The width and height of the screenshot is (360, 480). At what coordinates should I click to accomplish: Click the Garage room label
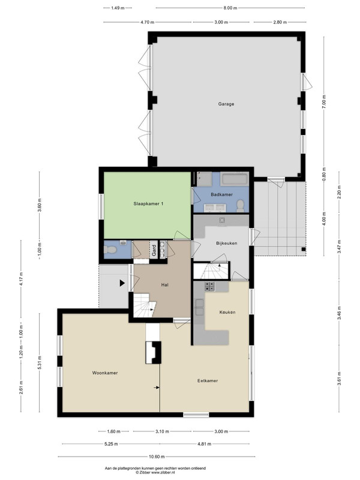pyautogui.click(x=226, y=104)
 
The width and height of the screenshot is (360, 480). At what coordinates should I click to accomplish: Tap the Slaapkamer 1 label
pyautogui.click(x=148, y=203)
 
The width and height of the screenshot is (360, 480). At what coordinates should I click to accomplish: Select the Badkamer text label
pyautogui.click(x=221, y=194)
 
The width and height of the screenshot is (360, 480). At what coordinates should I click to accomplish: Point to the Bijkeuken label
pyautogui.click(x=227, y=244)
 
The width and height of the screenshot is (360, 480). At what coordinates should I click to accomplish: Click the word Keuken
pyautogui.click(x=227, y=312)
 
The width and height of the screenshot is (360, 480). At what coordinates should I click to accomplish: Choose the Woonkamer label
pyautogui.click(x=105, y=373)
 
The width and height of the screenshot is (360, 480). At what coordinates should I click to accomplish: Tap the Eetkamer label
pyautogui.click(x=208, y=381)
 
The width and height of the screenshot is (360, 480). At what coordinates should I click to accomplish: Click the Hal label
pyautogui.click(x=164, y=285)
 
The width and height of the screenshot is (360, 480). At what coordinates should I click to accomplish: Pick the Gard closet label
pyautogui.click(x=154, y=250)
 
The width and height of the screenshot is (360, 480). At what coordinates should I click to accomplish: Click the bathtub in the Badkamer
pyautogui.click(x=235, y=179)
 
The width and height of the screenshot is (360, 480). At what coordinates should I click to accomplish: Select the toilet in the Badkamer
pyautogui.click(x=241, y=206)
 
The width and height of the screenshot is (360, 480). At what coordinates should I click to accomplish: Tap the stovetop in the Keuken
pyautogui.click(x=209, y=287)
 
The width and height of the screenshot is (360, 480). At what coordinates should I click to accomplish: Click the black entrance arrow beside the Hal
pyautogui.click(x=122, y=283)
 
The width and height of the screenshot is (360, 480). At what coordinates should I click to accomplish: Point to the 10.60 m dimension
pyautogui.click(x=157, y=457)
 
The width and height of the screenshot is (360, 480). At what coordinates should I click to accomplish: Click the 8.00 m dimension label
pyautogui.click(x=230, y=8)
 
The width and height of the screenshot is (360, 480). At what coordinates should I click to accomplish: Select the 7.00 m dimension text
pyautogui.click(x=324, y=101)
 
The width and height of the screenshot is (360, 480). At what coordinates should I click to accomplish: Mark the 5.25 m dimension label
pyautogui.click(x=112, y=444)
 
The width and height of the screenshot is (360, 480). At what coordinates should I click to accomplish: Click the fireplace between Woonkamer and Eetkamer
pyautogui.click(x=153, y=352)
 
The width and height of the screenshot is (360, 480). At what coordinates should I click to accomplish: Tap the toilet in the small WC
pyautogui.click(x=110, y=250)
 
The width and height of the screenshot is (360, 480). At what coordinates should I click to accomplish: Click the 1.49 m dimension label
pyautogui.click(x=118, y=8)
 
